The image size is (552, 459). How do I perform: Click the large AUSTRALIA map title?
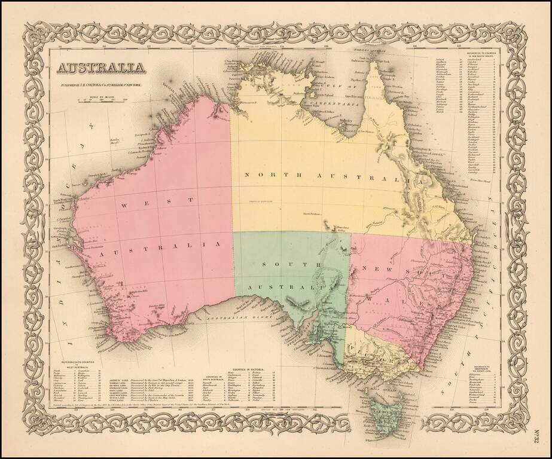(x=100, y=68)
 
